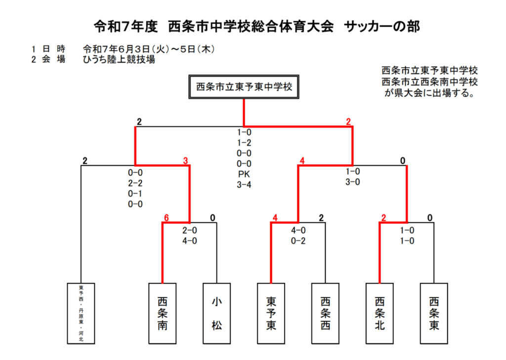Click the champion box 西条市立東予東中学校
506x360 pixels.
click(x=244, y=87)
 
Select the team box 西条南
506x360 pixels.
click(x=162, y=314)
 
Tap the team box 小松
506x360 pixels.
click(x=216, y=314)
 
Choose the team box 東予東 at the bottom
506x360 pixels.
click(x=271, y=314)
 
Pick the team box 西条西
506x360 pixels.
click(x=325, y=314)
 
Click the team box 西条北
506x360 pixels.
click(x=379, y=314)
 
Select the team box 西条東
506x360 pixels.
click(x=434, y=314)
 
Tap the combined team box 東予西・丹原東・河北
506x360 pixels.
click(x=81, y=314)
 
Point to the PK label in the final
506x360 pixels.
click(x=244, y=174)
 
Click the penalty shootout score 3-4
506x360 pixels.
click(x=244, y=185)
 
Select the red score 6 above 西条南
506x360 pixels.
click(x=166, y=218)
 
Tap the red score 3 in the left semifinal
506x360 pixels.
click(x=186, y=160)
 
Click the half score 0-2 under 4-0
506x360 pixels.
click(x=298, y=241)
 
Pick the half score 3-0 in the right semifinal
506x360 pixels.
click(x=353, y=182)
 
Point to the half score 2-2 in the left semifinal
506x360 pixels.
click(x=135, y=183)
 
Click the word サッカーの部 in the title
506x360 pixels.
click(x=382, y=27)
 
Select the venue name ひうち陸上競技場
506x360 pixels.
click(x=119, y=60)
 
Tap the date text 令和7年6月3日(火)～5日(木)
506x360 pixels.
click(x=149, y=49)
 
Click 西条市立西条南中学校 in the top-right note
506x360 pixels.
click(x=429, y=81)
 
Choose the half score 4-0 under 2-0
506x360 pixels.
click(x=190, y=241)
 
